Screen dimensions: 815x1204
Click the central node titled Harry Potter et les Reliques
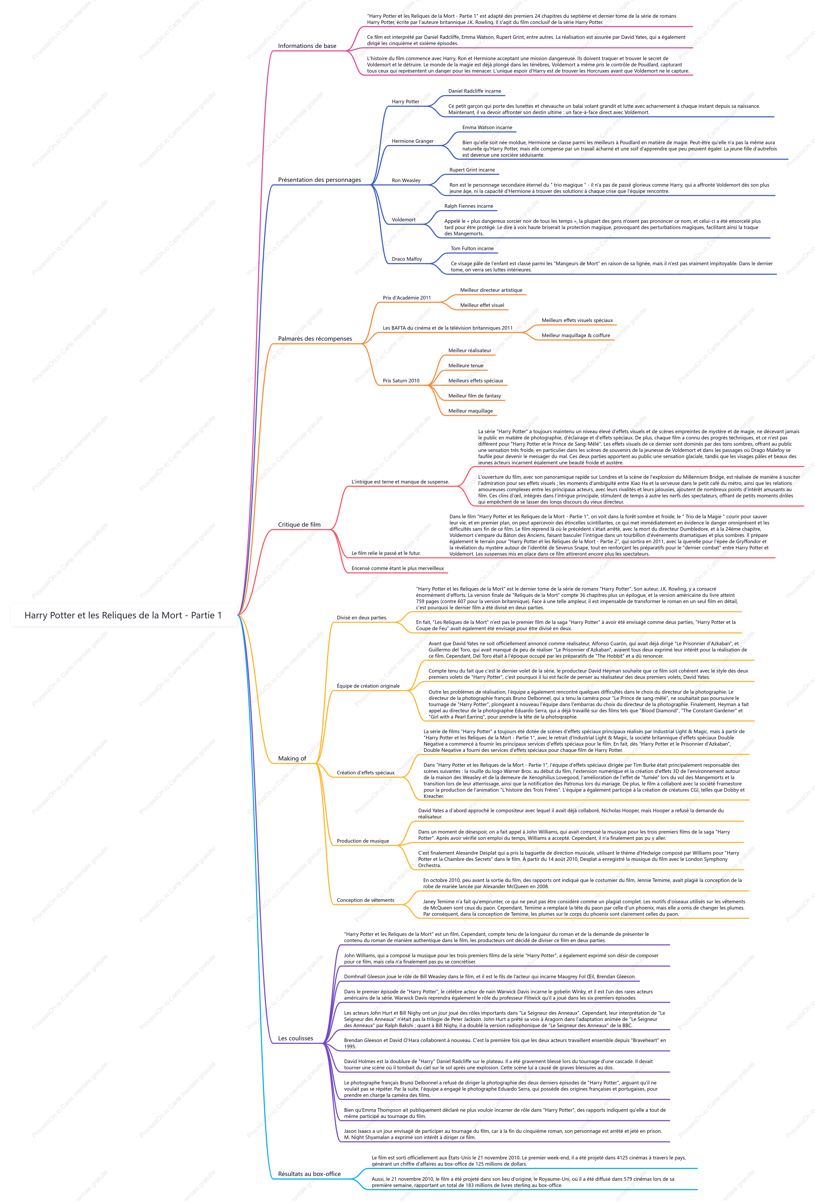(123, 615)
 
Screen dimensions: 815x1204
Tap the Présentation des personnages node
(319, 180)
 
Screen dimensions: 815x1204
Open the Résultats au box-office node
(309, 1174)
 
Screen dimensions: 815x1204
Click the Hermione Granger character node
(413, 141)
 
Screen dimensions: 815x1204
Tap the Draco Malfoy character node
(407, 259)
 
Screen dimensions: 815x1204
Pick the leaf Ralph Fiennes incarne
(469, 206)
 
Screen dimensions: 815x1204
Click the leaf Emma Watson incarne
(487, 127)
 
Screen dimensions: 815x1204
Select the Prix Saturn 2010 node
(401, 381)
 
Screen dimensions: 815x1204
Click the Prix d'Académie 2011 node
(407, 298)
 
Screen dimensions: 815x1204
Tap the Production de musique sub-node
(363, 841)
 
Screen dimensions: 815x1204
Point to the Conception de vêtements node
(365, 900)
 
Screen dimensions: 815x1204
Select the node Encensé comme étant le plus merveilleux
(398, 568)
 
